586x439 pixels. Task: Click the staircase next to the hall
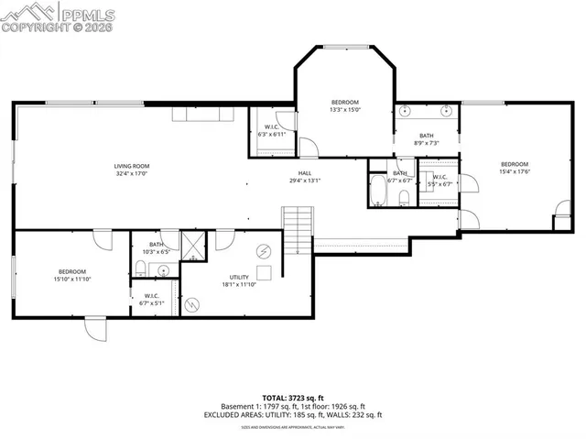point(298,229)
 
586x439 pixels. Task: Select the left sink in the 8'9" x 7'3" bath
point(405,112)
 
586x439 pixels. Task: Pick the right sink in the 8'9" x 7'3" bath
point(446,112)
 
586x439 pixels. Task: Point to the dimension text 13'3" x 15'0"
point(344,109)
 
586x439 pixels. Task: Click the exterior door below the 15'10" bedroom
point(95,329)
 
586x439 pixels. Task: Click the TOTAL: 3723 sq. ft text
point(293,397)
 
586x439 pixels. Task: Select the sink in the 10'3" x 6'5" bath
point(162,269)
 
